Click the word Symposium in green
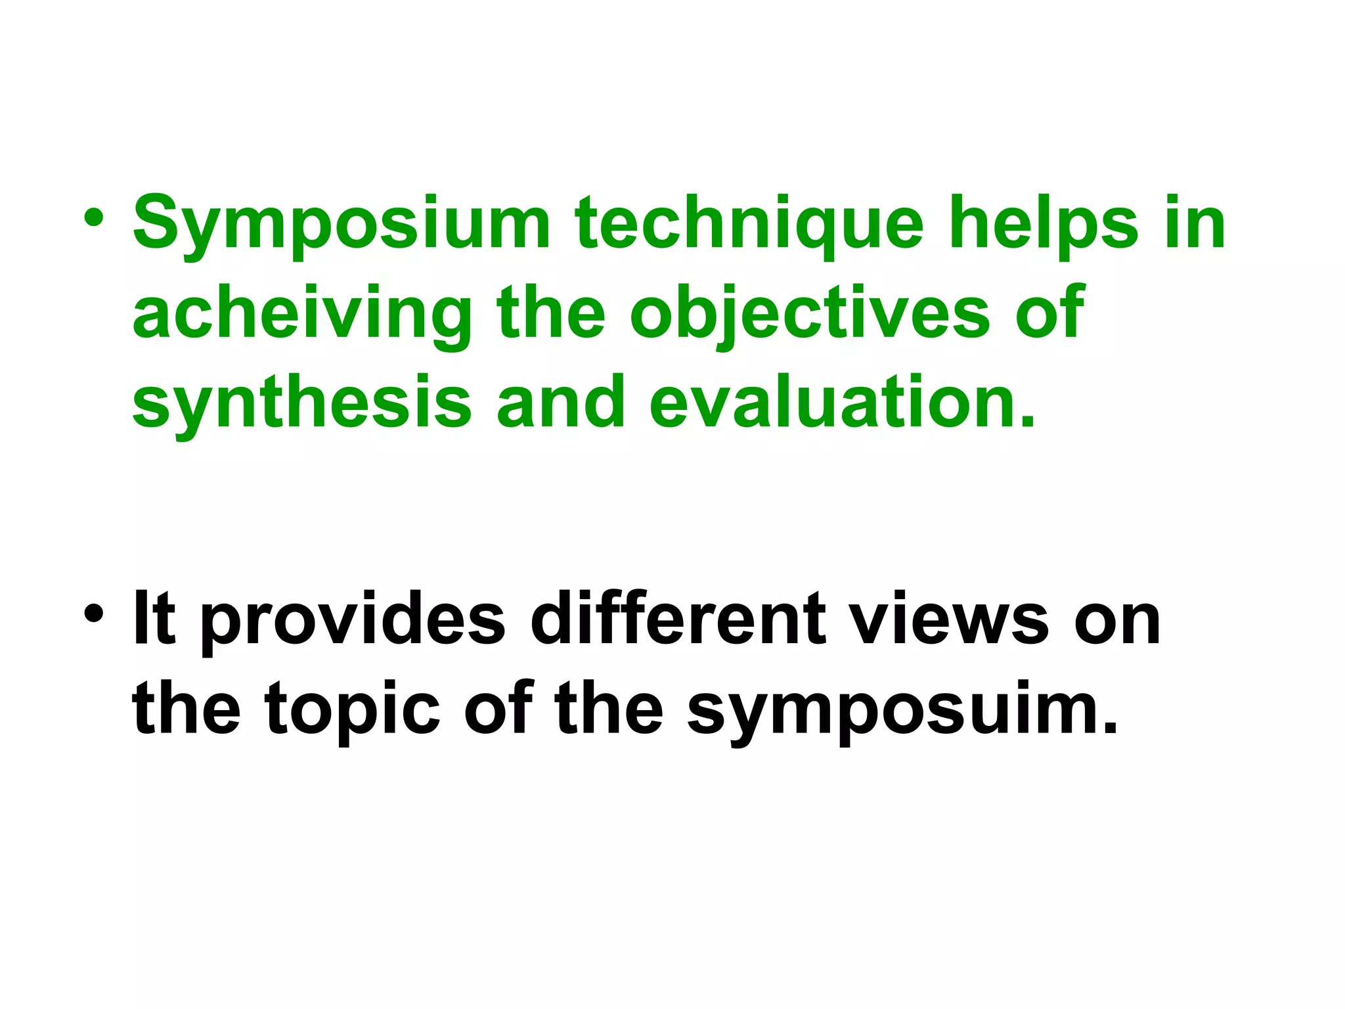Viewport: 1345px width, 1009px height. [341, 223]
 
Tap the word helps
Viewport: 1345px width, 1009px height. [1044, 223]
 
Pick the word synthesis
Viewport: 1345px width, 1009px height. [301, 402]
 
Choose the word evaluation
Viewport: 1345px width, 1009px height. [843, 402]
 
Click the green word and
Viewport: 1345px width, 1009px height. [560, 402]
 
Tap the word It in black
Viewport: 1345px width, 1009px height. [154, 619]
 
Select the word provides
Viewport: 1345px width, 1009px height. [353, 619]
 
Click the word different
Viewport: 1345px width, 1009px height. [677, 619]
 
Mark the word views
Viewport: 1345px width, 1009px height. [949, 619]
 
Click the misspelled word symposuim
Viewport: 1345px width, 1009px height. [902, 709]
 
